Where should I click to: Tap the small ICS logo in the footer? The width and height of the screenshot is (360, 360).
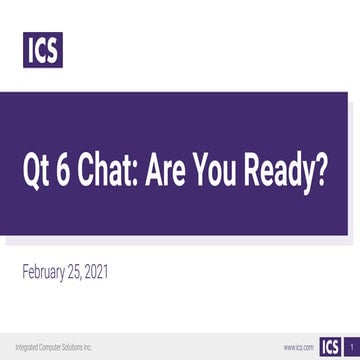tap(329, 346)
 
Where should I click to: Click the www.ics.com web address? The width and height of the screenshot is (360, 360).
tap(298, 347)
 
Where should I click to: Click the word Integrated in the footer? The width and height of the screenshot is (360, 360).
tap(29, 347)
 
